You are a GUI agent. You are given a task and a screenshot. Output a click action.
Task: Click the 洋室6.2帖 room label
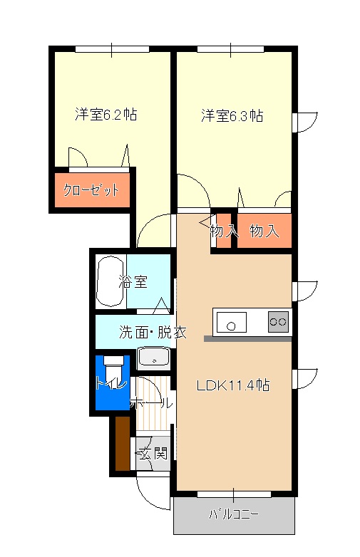coord(106,115)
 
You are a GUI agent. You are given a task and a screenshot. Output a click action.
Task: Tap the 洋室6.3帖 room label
coord(232,116)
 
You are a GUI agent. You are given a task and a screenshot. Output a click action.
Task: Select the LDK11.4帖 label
coord(233,385)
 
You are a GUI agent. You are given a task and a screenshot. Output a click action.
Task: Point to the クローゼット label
coord(91,190)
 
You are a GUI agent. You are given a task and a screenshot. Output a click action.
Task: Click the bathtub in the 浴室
coord(110,281)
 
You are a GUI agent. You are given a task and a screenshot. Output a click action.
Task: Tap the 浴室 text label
coord(133,281)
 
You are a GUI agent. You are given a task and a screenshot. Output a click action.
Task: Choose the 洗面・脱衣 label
coord(153,332)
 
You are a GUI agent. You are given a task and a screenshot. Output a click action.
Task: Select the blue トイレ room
coord(113,382)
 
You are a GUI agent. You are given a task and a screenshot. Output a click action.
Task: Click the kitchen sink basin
coord(232,323)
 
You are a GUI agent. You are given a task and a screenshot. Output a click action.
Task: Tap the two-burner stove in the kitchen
coord(278,322)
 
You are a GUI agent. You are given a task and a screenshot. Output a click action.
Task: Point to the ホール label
coord(151,403)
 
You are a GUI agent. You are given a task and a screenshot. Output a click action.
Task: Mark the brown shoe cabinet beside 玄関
coord(123,443)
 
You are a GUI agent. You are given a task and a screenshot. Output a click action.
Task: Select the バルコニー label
coord(234,514)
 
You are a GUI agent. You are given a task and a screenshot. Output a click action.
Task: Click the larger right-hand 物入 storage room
coord(264,231)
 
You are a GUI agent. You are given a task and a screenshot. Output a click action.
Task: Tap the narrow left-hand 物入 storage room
coord(224,231)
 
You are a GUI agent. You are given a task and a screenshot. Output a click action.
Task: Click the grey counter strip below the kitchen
coord(247,339)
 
